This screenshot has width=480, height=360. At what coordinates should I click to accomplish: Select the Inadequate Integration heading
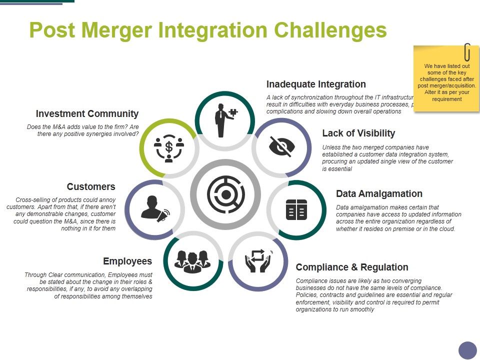316,84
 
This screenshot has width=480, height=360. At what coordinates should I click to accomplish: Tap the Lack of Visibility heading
358,133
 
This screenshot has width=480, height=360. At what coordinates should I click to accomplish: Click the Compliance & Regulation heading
352,267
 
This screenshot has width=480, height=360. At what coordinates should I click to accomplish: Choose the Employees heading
127,261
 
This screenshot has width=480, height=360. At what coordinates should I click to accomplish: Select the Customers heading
91,187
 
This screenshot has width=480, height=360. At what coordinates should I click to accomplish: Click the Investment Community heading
87,114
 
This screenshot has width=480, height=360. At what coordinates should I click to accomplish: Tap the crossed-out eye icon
282,146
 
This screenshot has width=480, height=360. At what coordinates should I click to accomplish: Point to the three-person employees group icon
192,260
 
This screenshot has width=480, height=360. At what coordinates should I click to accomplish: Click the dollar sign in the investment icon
169,146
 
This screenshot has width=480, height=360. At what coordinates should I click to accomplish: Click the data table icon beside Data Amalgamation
295,209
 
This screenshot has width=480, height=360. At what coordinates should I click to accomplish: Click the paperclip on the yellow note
467,51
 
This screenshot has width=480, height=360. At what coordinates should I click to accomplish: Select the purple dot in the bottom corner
468,350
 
